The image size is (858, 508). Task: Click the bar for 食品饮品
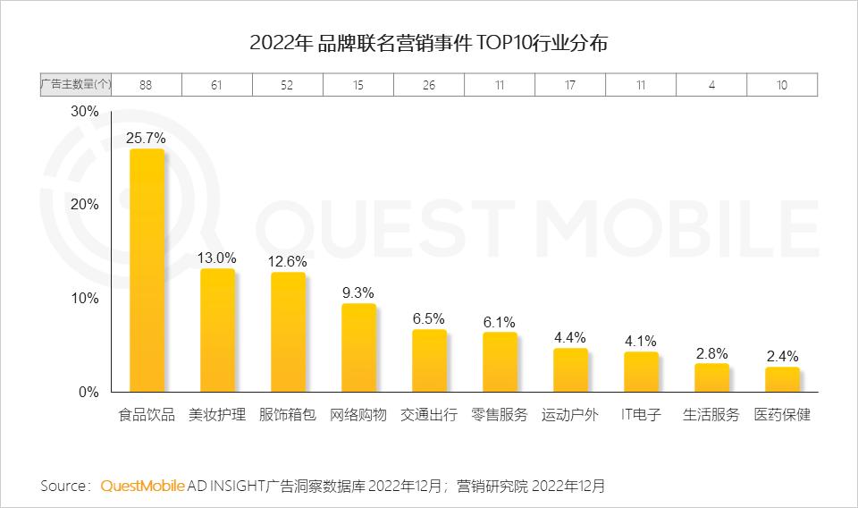click(147, 270)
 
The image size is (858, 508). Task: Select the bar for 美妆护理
click(217, 330)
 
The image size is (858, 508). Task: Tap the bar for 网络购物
click(358, 348)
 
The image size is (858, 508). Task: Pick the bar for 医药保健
click(782, 379)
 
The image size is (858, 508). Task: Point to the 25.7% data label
click(146, 138)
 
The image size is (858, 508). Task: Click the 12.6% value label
click(287, 261)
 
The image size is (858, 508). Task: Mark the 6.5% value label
click(428, 318)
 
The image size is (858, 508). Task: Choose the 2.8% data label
click(711, 353)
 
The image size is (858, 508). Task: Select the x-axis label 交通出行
click(429, 415)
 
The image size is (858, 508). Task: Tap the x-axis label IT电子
click(641, 415)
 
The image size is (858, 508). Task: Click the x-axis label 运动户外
click(570, 415)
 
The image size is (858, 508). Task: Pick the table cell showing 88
click(146, 84)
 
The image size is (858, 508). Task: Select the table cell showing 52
click(287, 84)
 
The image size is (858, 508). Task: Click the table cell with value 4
click(711, 84)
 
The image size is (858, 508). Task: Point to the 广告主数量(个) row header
click(75, 84)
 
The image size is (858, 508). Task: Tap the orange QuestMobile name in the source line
click(143, 486)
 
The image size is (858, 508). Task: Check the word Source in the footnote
click(64, 486)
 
